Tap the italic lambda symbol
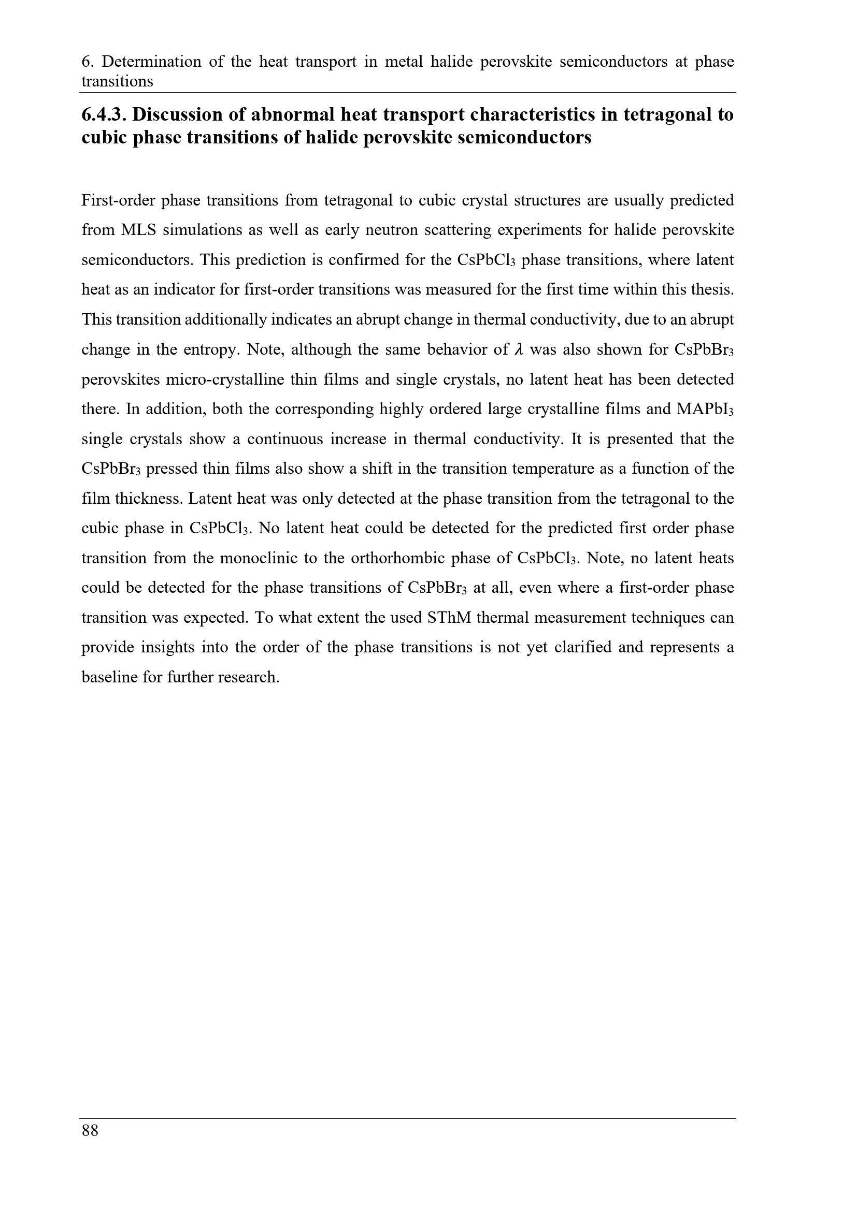point(518,349)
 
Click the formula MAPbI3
point(705,410)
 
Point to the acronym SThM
point(448,618)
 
